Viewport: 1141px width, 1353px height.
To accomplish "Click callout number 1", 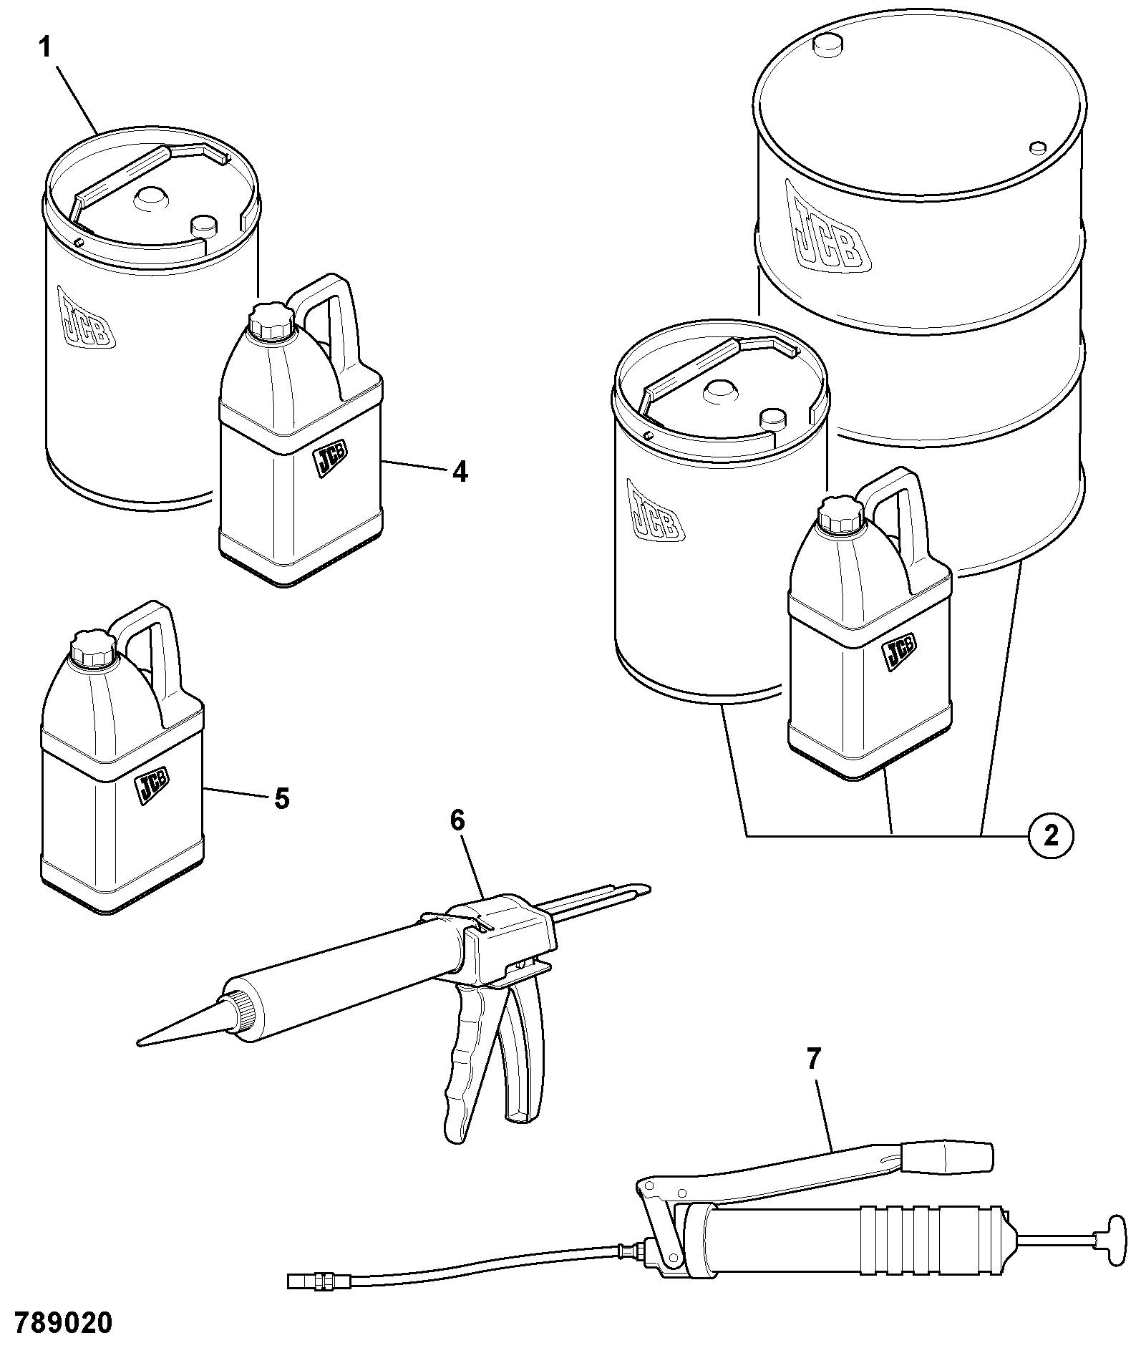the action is [45, 49].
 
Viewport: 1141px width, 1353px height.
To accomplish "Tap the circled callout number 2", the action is [1050, 835].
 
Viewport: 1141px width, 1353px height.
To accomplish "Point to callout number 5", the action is [282, 797].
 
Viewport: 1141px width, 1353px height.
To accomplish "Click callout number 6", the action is [457, 820].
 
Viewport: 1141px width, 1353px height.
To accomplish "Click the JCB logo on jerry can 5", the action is [152, 788].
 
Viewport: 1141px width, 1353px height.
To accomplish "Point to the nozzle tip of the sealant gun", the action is [139, 1044].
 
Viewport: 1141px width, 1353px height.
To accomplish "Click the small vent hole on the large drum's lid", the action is [1037, 147].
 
